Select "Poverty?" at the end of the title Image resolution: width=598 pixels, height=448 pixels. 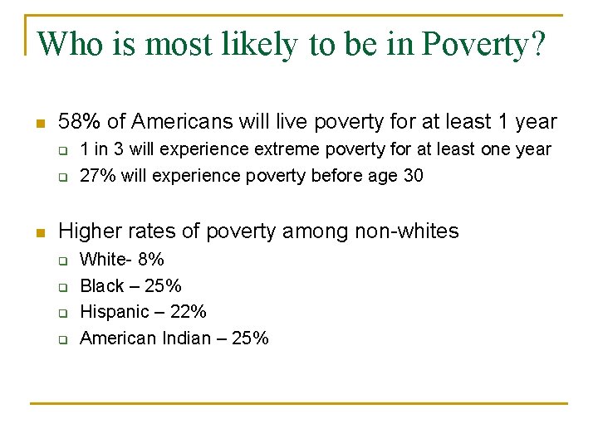tap(484, 44)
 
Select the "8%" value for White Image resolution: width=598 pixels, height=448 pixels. tap(150, 259)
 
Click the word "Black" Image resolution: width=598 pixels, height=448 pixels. tap(102, 285)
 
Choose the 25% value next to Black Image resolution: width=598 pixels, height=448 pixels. tap(163, 285)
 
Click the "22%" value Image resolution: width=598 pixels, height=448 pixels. tap(187, 312)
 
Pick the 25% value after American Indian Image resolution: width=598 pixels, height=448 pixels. tap(249, 338)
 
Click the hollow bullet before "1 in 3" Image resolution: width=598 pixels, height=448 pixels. tap(61, 150)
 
